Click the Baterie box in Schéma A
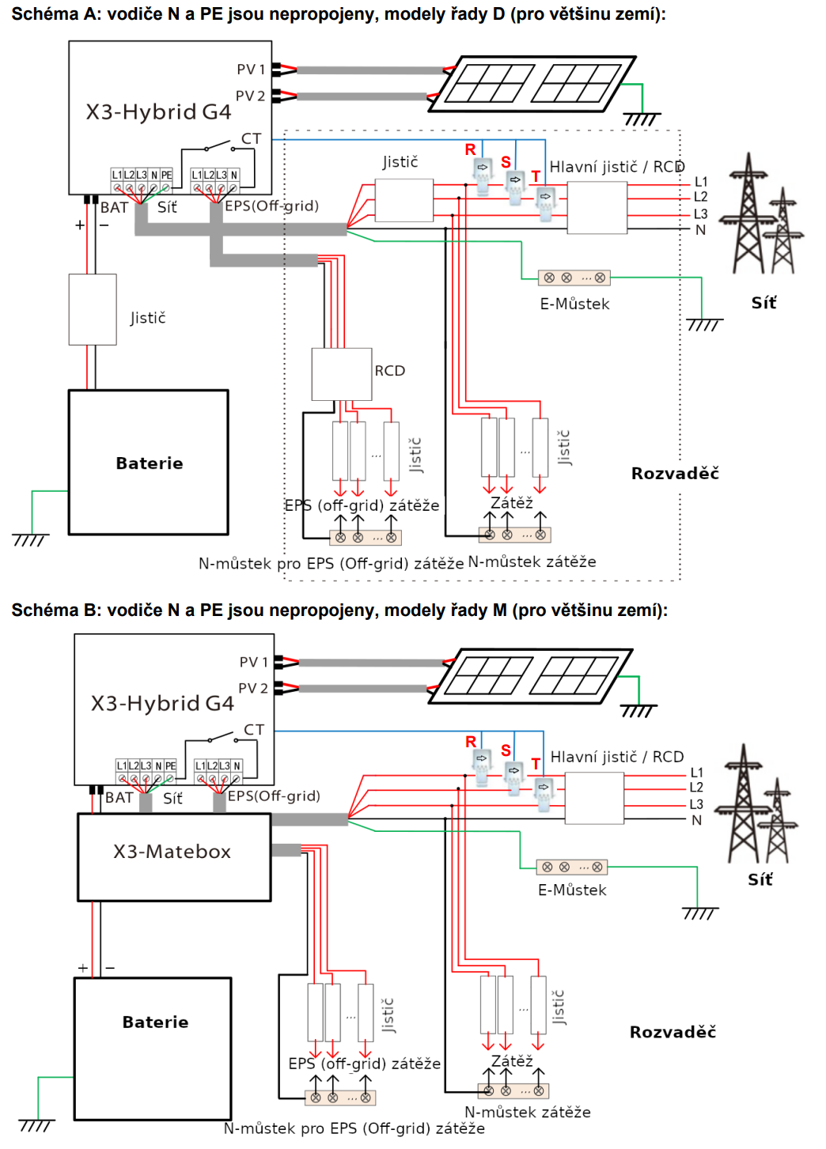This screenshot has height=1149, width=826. (149, 463)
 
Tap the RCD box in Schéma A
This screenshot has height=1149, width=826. (342, 374)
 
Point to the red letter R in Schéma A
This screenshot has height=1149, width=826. (470, 149)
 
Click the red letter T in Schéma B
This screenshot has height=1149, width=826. (536, 764)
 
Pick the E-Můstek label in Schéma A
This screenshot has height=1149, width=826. (574, 304)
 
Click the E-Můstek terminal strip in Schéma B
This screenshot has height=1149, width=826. (572, 867)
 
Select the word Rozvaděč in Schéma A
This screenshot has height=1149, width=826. (675, 474)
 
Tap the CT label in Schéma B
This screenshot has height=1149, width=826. (254, 730)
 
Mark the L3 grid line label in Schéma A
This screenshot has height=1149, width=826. (700, 214)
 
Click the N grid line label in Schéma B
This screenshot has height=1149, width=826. (696, 820)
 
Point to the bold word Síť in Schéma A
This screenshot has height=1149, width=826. (763, 303)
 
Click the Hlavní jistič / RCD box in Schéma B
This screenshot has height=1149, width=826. (594, 798)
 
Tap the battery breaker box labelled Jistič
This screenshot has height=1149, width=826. (93, 309)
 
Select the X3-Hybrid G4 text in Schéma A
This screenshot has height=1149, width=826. (158, 111)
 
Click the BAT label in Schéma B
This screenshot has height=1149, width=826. (119, 797)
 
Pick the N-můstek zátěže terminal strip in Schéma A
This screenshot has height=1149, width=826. (514, 535)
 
